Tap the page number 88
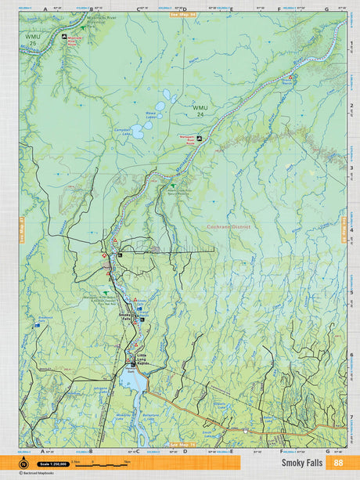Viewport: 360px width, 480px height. point(337,463)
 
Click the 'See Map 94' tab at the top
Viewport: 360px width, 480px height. point(182,13)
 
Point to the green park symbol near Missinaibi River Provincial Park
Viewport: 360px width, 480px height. point(84,27)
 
